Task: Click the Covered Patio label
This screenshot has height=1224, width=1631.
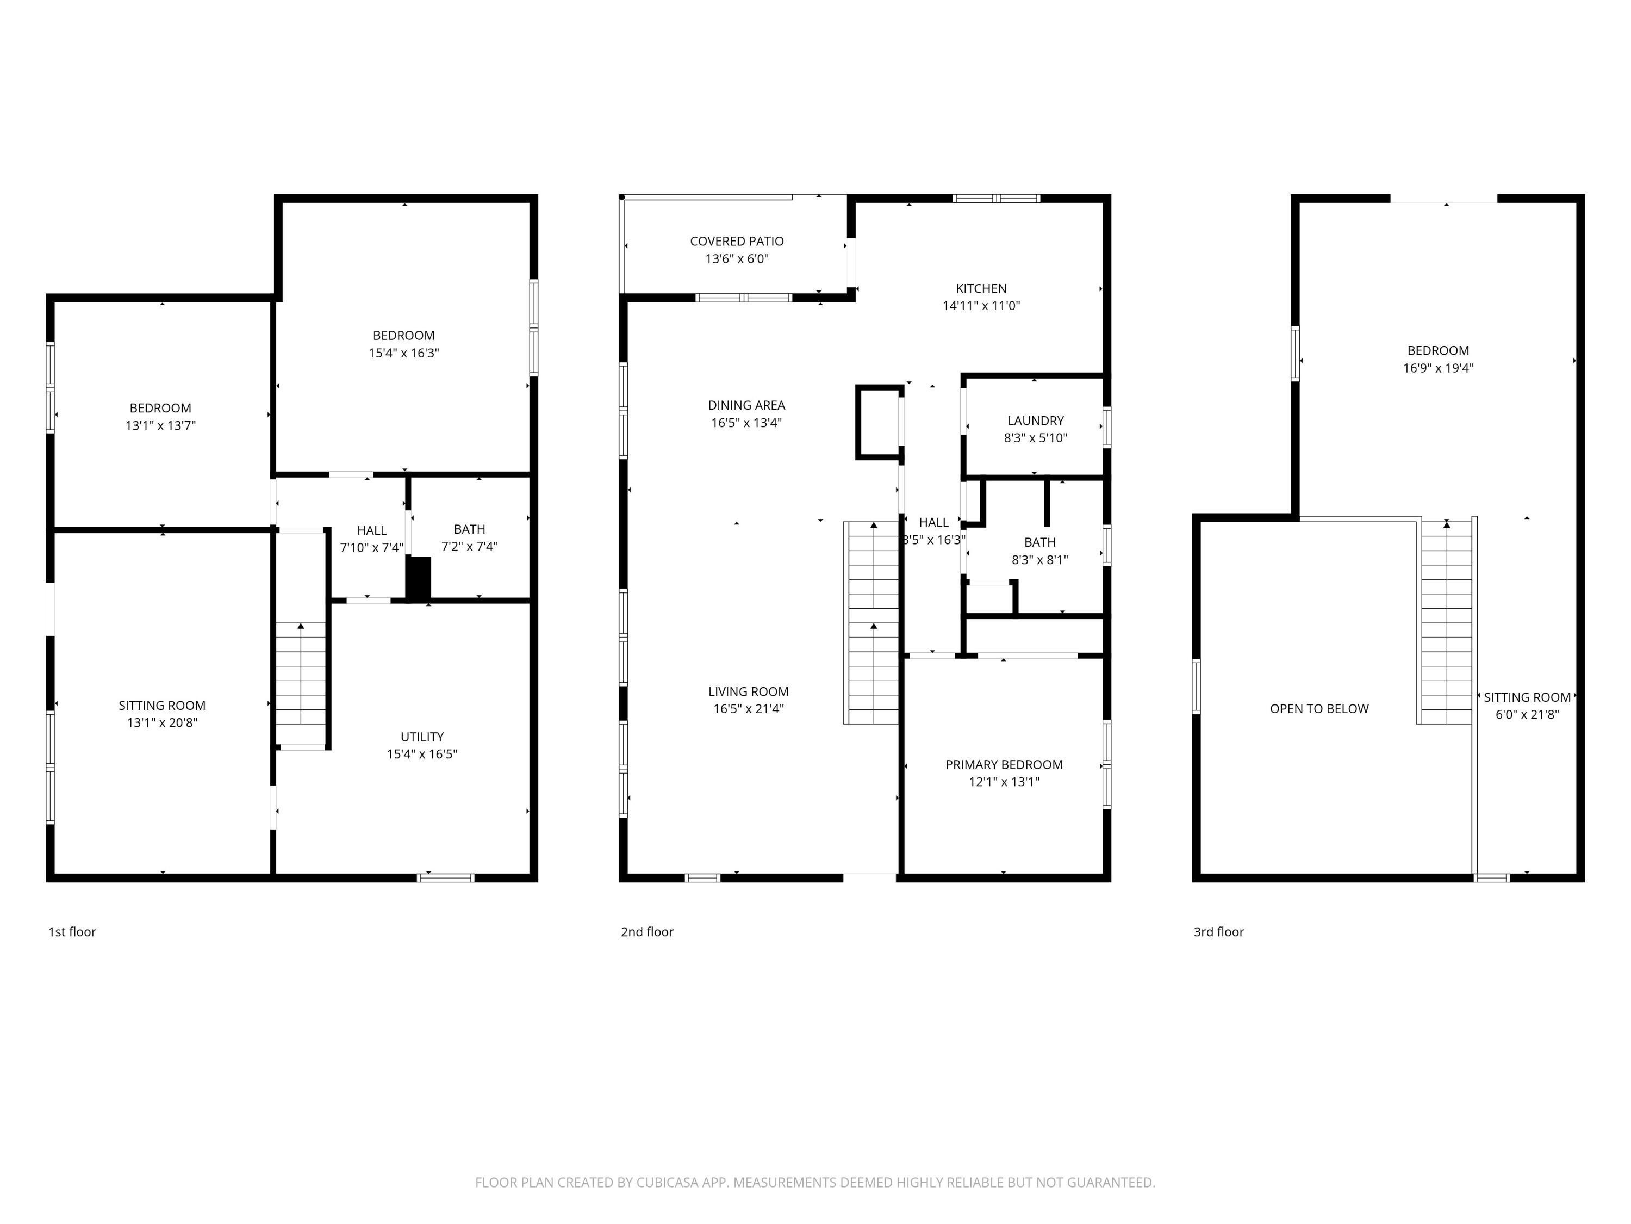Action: click(736, 241)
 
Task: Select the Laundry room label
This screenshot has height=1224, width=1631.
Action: click(1035, 421)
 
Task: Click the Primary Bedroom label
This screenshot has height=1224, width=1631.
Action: click(1004, 764)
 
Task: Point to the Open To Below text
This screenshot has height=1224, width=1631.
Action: click(1318, 709)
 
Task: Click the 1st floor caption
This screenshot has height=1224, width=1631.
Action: click(72, 932)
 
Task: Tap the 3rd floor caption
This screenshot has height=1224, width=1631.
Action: click(1218, 932)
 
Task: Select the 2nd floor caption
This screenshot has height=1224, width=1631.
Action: click(646, 932)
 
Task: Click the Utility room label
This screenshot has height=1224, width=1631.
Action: click(422, 737)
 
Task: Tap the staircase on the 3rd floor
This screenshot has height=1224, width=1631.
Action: click(1446, 623)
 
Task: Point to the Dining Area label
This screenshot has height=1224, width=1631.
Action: click(746, 405)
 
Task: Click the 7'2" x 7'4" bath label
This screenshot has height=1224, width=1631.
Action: click(469, 538)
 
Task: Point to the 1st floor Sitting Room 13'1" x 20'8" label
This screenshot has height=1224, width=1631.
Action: click(161, 713)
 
